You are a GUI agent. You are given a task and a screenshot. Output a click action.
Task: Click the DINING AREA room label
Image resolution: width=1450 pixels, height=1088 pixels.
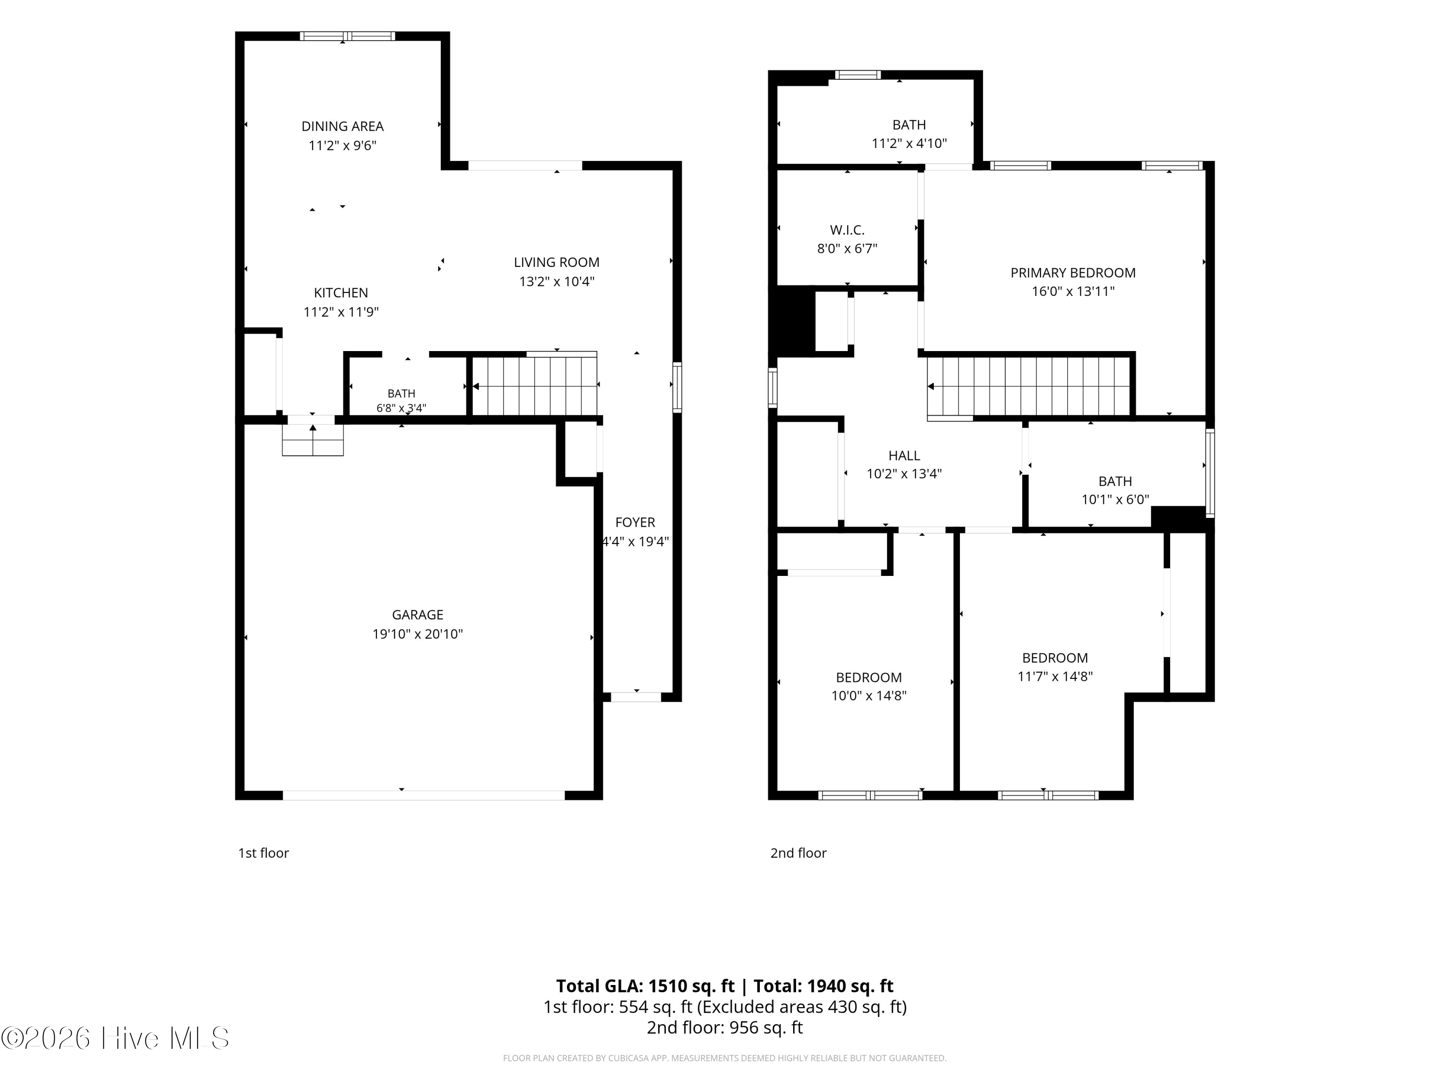point(342,126)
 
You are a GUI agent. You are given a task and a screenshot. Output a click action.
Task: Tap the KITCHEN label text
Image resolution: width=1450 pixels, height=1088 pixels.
point(341,293)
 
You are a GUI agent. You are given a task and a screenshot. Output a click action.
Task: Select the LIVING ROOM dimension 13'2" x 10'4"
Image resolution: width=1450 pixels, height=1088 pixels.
point(556,281)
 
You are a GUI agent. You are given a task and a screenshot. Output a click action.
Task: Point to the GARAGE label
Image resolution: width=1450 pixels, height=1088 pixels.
point(418,615)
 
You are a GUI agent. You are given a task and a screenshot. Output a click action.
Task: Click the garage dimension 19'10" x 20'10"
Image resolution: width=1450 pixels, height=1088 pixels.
point(418,633)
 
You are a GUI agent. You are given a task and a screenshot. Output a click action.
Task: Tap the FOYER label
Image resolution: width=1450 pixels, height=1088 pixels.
point(635,522)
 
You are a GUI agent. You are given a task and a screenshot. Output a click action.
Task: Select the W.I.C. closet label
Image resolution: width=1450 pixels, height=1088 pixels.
point(847,230)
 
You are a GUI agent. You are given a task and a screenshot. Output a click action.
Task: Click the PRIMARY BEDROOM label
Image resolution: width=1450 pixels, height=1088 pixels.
point(1073,272)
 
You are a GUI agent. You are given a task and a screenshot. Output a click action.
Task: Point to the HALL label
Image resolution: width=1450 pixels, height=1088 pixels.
point(904,455)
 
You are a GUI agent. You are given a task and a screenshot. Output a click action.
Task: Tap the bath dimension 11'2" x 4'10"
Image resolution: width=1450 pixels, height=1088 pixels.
point(909,143)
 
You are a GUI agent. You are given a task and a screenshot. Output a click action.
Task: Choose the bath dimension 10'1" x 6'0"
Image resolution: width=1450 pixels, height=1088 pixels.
point(1115,499)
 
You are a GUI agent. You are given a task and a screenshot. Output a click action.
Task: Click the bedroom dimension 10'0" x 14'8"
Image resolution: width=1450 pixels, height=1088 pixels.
point(869,695)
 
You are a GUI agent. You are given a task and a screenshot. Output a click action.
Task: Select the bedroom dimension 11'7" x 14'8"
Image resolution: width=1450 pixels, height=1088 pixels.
point(1055,676)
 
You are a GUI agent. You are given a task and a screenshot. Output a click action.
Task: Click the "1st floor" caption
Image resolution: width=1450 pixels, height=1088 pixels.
point(263,853)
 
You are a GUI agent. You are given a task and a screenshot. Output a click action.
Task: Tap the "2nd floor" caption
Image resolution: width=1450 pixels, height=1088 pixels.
point(798,853)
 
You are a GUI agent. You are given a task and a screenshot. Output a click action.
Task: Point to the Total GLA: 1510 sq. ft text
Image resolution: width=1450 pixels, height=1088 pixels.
point(646,985)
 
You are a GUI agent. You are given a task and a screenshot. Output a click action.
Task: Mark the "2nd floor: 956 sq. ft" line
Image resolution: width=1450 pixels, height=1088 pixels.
point(725,1027)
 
